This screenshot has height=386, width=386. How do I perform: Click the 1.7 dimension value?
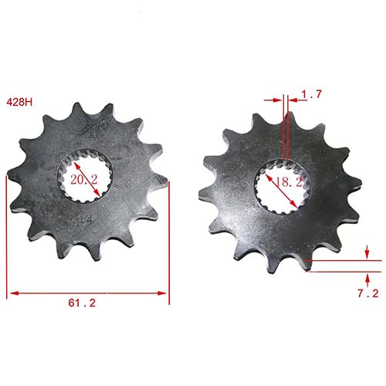point(312,94)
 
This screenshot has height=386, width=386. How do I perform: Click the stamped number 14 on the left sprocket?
point(87,219)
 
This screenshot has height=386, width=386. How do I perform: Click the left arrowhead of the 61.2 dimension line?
point(12,293)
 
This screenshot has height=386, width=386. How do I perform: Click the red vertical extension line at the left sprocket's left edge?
point(7,232)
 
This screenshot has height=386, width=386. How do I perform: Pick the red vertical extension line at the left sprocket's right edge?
point(168,232)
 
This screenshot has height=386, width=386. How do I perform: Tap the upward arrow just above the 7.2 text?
point(367,276)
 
